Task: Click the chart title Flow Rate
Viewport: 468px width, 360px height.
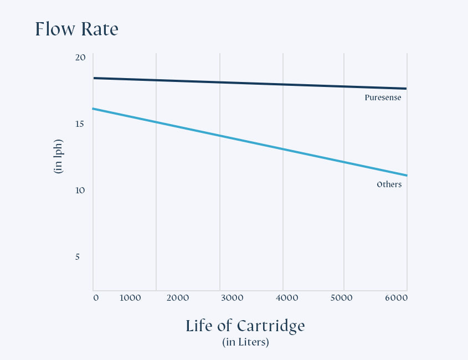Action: pos(76,29)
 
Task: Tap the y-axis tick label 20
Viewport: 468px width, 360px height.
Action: pos(80,58)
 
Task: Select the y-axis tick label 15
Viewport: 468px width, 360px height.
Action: pos(80,124)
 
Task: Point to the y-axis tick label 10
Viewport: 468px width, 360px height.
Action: pos(80,190)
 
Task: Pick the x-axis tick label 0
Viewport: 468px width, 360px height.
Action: pos(96,298)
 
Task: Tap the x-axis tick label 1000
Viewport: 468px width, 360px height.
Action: pos(130,298)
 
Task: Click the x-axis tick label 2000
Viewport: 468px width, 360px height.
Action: pos(178,298)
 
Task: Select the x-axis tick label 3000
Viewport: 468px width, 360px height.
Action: pos(232,298)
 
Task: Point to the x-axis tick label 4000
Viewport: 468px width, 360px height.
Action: pos(287,298)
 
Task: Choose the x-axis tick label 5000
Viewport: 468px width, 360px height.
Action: pos(341,298)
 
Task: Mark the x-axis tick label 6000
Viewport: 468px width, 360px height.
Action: pos(396,298)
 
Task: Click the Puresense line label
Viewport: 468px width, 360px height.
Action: pos(383,97)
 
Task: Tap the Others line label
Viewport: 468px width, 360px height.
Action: pos(389,184)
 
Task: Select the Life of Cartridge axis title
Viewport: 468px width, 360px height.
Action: pos(245,326)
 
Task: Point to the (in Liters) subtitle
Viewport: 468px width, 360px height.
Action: pos(245,342)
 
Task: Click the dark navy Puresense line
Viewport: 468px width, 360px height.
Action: pos(222,83)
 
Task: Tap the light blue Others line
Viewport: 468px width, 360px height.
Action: pos(222,136)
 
